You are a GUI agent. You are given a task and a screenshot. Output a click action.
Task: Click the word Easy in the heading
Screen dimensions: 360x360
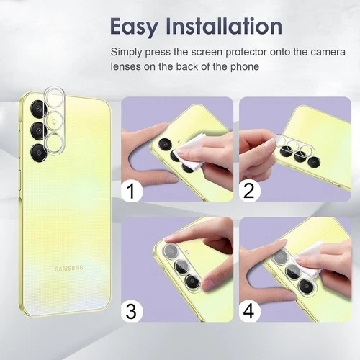coord(134,27)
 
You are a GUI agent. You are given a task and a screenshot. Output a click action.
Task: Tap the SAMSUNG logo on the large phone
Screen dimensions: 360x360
coord(69,268)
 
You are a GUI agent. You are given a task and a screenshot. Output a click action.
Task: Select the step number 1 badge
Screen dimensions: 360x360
coord(132,190)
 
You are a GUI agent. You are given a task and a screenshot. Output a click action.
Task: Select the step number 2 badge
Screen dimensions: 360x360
coord(249,190)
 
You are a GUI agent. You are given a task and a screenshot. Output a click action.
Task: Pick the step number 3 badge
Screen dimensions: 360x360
coord(132,311)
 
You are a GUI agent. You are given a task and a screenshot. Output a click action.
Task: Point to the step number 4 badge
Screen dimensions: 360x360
coord(249,311)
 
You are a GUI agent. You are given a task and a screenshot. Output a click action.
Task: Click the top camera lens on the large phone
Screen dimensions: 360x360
coord(39,109)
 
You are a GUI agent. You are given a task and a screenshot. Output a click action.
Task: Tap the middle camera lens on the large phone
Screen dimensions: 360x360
coord(39,130)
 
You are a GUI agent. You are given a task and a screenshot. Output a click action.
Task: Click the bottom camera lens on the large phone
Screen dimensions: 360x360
coord(39,152)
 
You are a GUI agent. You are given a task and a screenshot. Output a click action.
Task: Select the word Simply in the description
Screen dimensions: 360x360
coord(126,53)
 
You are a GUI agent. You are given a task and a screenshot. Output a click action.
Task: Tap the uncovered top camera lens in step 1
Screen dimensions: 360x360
coord(165,145)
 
